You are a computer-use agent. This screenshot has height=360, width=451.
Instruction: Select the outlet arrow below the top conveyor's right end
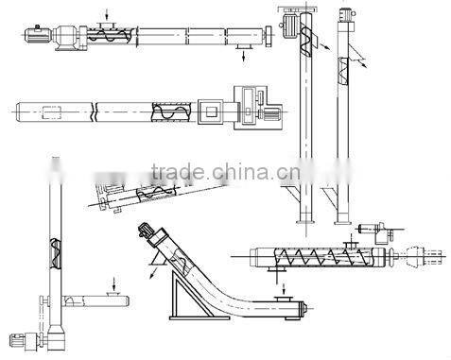point(244,58)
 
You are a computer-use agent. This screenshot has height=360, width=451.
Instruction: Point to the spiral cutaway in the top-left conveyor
point(101,37)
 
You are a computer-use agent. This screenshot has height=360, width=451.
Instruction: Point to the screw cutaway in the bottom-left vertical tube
point(52,249)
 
